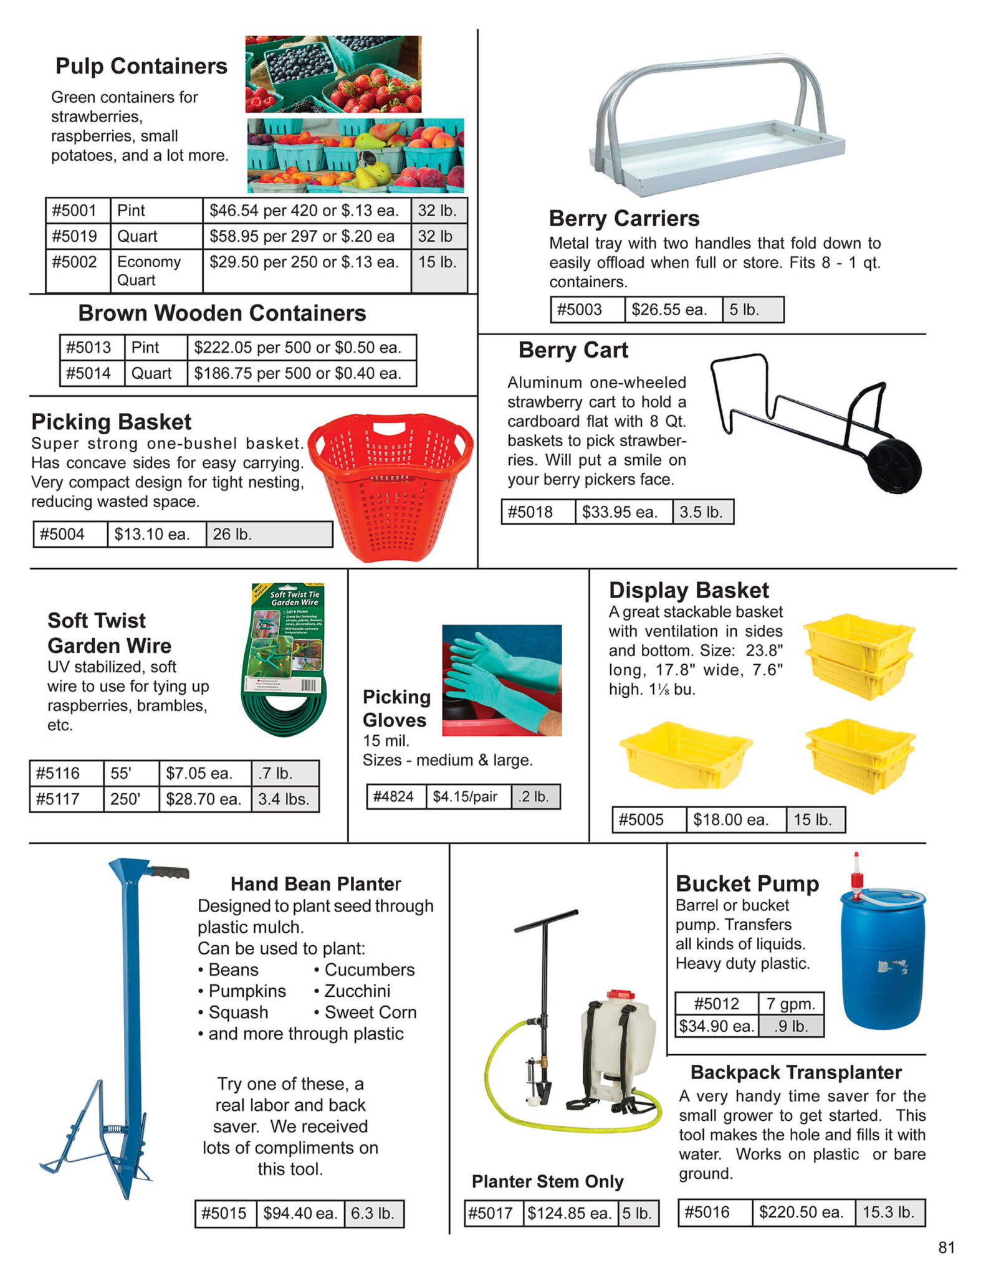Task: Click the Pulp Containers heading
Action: pyautogui.click(x=141, y=66)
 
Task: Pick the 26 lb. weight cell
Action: pyautogui.click(x=269, y=535)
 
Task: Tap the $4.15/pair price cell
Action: pyautogui.click(x=467, y=797)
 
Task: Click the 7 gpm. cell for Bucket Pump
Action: pyautogui.click(x=790, y=1004)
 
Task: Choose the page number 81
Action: pyautogui.click(x=945, y=1247)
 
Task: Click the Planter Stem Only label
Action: pyautogui.click(x=547, y=1181)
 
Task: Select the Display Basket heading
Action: pyautogui.click(x=688, y=590)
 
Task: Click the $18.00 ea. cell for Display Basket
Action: pyautogui.click(x=735, y=820)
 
